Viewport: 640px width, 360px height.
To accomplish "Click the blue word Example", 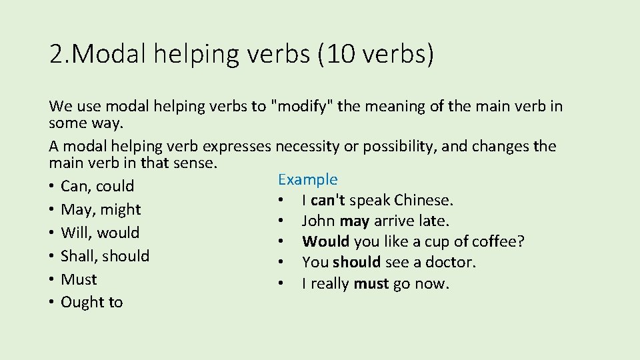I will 307,179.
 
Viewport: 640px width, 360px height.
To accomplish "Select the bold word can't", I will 327,200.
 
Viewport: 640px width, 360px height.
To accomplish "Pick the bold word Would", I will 326,241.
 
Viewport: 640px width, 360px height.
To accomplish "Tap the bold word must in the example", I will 371,283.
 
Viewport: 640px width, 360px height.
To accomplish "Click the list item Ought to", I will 91,302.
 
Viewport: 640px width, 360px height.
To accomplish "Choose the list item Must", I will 79,279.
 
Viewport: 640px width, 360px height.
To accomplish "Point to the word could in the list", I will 115,187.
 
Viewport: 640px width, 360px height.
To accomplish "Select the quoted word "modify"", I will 302,106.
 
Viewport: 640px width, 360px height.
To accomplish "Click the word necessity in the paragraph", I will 307,146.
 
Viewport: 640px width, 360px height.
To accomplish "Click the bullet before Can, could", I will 52,187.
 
